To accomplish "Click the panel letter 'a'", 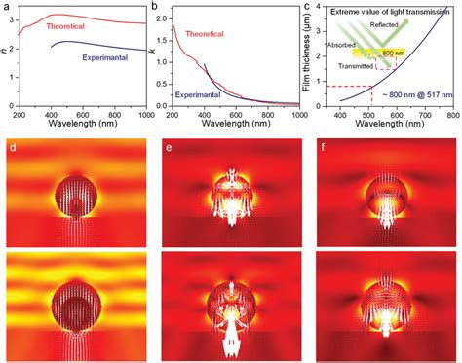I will (6, 6).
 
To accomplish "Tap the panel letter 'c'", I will (308, 6).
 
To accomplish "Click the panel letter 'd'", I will (13, 150).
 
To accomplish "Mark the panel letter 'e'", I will (168, 150).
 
